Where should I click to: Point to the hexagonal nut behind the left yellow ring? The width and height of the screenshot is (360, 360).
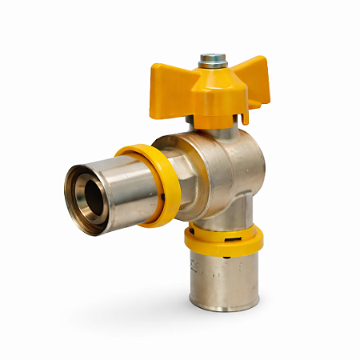point(179,180)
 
